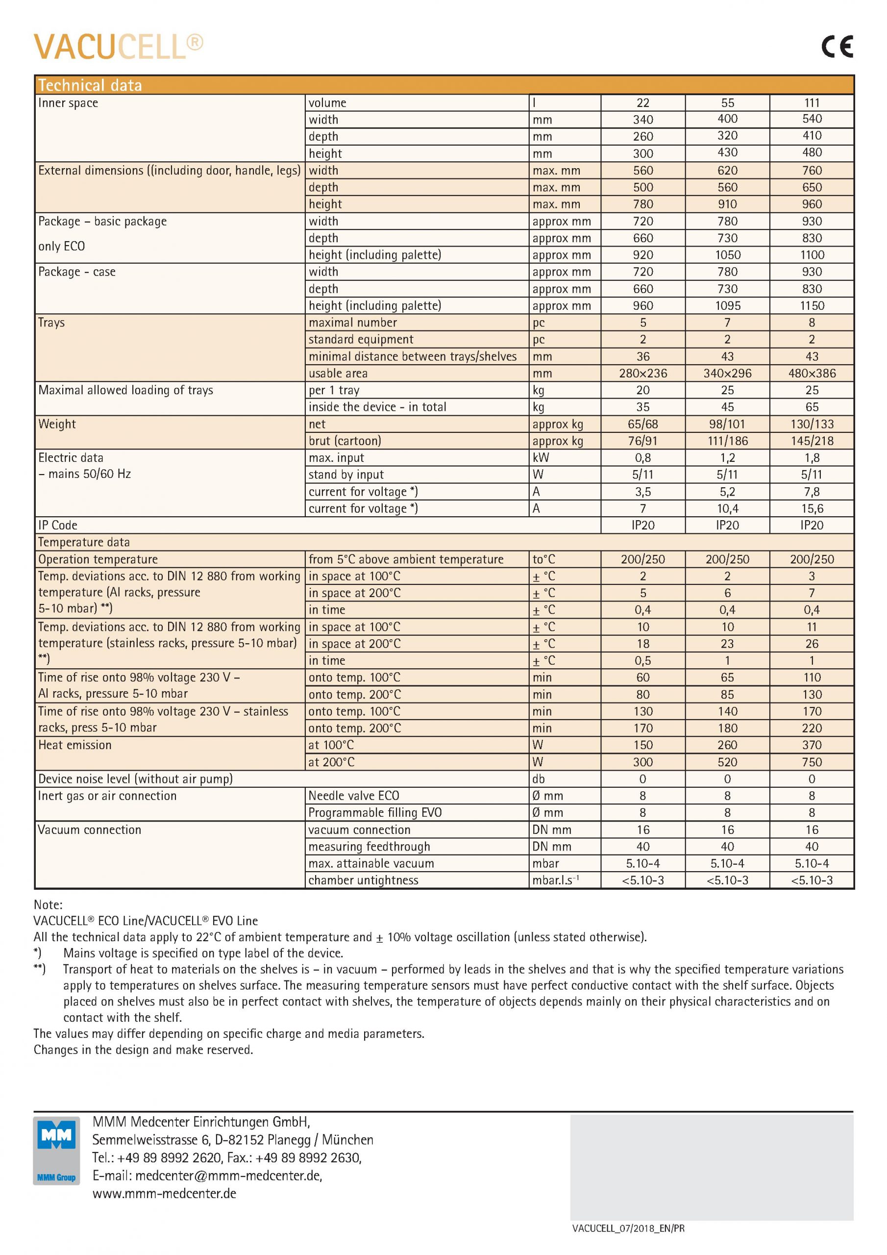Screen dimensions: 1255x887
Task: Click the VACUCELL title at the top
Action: click(x=118, y=47)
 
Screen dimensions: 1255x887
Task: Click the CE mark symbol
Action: click(x=837, y=47)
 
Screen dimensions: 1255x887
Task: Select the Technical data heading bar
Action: click(x=444, y=85)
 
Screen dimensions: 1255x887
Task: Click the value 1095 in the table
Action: click(x=727, y=305)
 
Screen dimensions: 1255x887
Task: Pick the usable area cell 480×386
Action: click(x=812, y=374)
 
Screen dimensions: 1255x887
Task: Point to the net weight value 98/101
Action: click(x=727, y=424)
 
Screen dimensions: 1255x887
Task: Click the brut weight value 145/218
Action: click(x=812, y=441)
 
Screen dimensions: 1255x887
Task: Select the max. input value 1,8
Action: click(x=812, y=457)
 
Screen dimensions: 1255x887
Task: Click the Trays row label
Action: click(x=51, y=323)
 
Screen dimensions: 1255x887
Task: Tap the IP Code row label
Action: click(x=57, y=525)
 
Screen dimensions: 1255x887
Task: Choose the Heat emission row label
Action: click(x=74, y=745)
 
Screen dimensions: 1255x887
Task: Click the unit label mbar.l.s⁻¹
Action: click(x=555, y=880)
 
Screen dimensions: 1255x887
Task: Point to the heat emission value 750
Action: click(x=812, y=762)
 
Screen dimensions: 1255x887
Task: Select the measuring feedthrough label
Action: click(x=369, y=847)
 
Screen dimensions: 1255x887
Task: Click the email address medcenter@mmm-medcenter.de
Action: click(x=228, y=1176)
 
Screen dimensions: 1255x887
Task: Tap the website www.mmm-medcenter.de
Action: click(x=164, y=1194)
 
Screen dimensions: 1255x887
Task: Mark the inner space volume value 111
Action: click(x=812, y=103)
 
